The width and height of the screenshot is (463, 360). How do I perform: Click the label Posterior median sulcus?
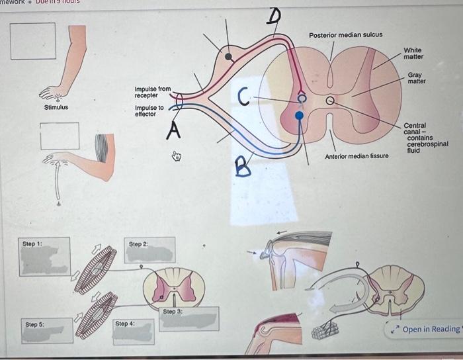(x=345, y=34)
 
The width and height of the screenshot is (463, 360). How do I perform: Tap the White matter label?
(x=413, y=54)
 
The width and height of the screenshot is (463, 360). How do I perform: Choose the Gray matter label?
(x=416, y=78)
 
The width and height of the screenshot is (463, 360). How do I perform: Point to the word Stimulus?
(x=56, y=107)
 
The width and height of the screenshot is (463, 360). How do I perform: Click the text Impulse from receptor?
(x=152, y=92)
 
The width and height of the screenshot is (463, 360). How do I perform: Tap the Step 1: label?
(x=32, y=244)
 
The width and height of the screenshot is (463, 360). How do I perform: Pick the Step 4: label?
(x=124, y=324)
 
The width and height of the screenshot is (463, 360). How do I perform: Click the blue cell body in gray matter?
(x=299, y=116)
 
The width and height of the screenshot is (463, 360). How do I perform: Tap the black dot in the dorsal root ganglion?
(x=229, y=57)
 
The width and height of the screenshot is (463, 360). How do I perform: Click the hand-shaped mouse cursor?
(x=176, y=157)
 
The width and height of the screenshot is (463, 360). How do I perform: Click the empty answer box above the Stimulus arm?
(x=33, y=41)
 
